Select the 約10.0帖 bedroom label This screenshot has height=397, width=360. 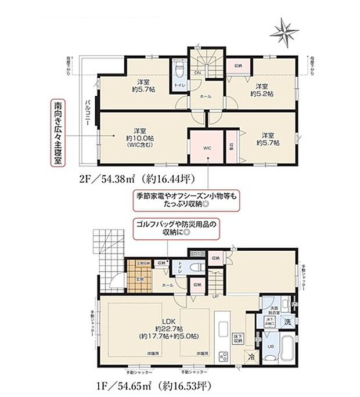138,138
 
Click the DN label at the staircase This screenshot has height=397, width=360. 197,73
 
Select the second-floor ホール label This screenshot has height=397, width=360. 205,97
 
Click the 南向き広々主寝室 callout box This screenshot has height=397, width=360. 58,134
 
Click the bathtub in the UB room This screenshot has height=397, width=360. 287,348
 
